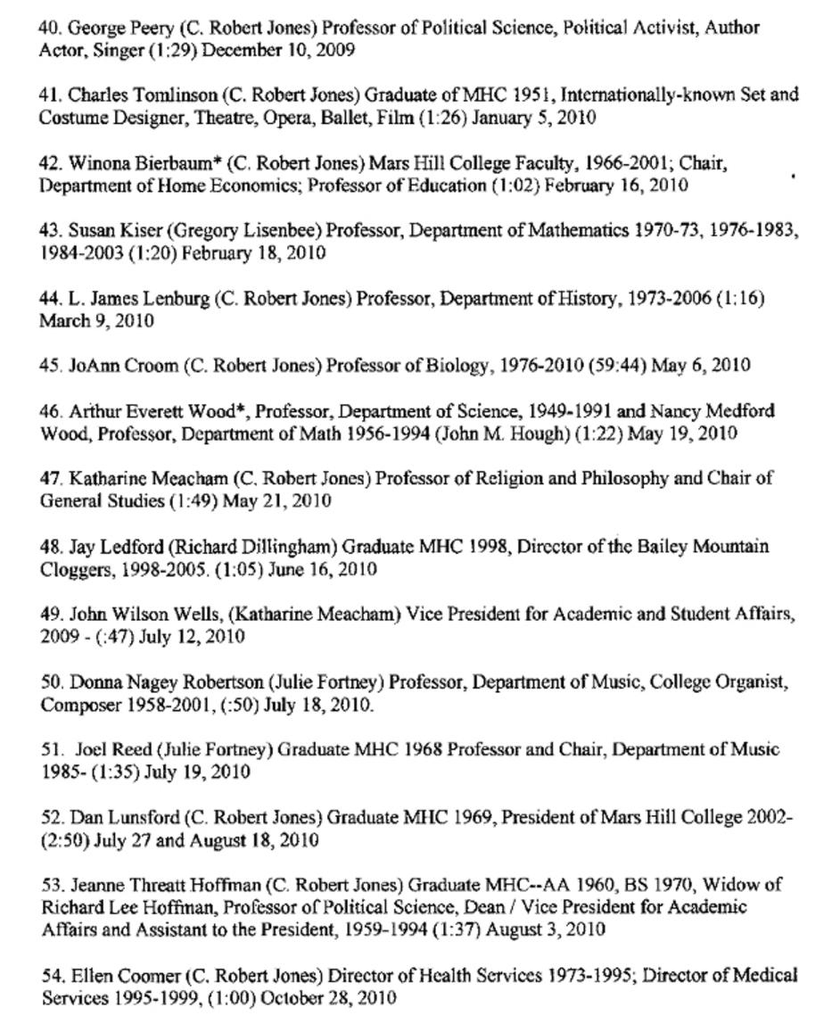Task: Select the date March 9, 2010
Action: [x=96, y=321]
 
